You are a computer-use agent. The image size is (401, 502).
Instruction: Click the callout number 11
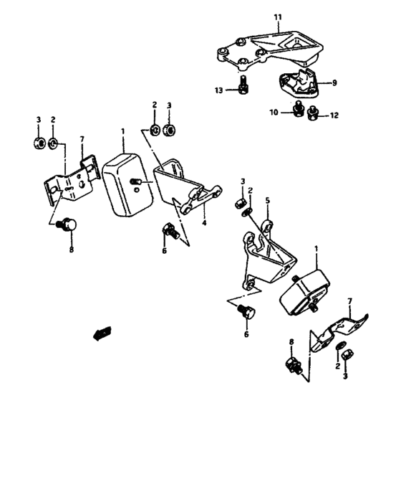pyautogui.click(x=279, y=15)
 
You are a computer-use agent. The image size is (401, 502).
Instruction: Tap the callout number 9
pyautogui.click(x=333, y=82)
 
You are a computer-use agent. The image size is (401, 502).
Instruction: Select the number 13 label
pyautogui.click(x=219, y=90)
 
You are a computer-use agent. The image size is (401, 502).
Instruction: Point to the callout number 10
pyautogui.click(x=274, y=111)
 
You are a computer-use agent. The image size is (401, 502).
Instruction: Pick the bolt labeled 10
pyautogui.click(x=296, y=109)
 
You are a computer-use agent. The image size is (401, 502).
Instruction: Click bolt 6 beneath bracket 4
pyautogui.click(x=170, y=231)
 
